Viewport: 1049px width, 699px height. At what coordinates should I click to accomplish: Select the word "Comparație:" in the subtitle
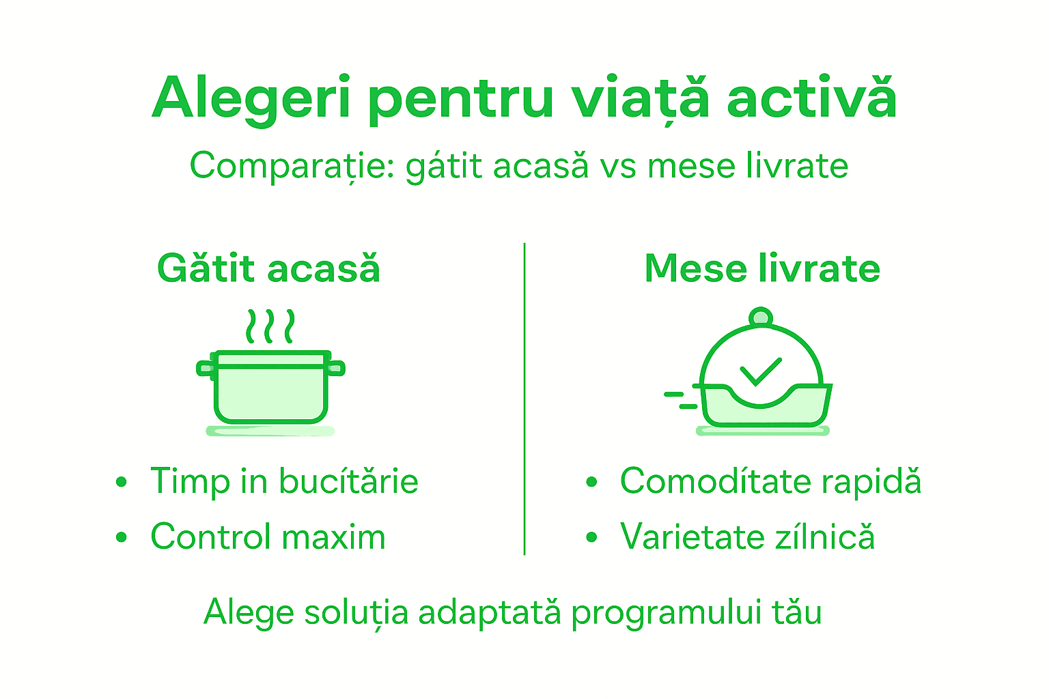coord(292,167)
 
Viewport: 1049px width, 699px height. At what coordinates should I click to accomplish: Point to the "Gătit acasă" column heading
coord(268,268)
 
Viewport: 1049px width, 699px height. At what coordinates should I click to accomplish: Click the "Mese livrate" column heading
coord(762,268)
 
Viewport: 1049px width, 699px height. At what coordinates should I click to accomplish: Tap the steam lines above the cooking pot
coord(270,326)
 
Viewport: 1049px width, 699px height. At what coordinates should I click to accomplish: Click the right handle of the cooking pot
coord(335,369)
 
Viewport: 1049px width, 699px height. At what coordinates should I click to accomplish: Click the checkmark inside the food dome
coord(760,372)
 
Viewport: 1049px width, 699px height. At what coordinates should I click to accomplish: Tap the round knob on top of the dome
coord(760,317)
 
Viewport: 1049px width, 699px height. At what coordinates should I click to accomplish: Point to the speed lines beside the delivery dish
coord(680,400)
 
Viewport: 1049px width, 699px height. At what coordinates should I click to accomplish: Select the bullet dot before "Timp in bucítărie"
coord(122,482)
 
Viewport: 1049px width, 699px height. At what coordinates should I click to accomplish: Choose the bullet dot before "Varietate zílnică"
coord(591,537)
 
